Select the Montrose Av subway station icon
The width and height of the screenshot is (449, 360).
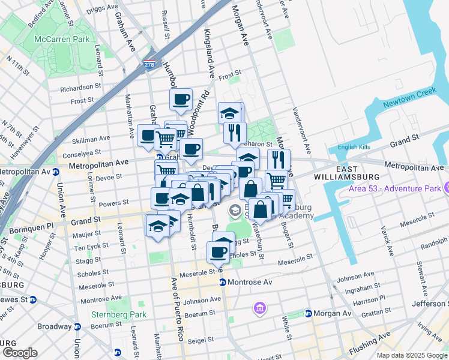(222, 283)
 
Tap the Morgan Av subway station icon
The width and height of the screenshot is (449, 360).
(308, 313)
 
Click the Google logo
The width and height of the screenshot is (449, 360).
(19, 352)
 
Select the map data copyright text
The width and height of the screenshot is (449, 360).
(412, 355)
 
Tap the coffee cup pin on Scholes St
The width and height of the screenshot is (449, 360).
(217, 252)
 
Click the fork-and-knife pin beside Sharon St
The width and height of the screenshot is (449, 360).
(234, 133)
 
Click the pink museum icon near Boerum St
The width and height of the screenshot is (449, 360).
(260, 308)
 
